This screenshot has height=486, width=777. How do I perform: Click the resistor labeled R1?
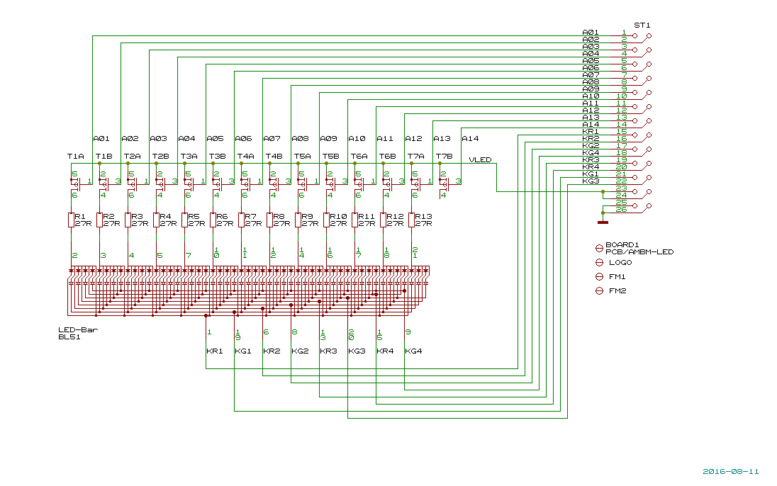pyautogui.click(x=71, y=220)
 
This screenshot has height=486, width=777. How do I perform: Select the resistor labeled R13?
pyautogui.click(x=411, y=220)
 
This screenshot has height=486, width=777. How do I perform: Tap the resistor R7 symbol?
pyautogui.click(x=241, y=220)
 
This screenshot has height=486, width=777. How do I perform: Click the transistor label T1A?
pyautogui.click(x=75, y=156)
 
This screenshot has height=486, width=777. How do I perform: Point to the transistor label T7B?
pyautogui.click(x=444, y=156)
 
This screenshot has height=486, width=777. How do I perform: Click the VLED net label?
pyautogui.click(x=480, y=160)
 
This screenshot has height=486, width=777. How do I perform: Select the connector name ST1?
pyautogui.click(x=642, y=25)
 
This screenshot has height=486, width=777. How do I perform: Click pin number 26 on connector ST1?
pyautogui.click(x=621, y=209)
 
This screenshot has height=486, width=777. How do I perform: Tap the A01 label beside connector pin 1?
pyautogui.click(x=591, y=33)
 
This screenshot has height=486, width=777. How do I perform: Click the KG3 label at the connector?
pyautogui.click(x=591, y=181)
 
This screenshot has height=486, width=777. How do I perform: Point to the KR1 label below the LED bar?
pyautogui.click(x=214, y=351)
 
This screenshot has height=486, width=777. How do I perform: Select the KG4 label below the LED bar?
pyautogui.click(x=413, y=351)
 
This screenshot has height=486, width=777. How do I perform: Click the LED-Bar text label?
pyautogui.click(x=78, y=330)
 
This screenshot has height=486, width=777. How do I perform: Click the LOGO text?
pyautogui.click(x=620, y=263)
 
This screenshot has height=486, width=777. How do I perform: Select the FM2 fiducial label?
pyautogui.click(x=617, y=291)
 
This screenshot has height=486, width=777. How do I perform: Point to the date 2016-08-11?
pyautogui.click(x=731, y=471)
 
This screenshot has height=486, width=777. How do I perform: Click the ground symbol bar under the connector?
pyautogui.click(x=603, y=222)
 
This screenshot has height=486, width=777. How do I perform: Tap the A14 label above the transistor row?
pyautogui.click(x=470, y=139)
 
